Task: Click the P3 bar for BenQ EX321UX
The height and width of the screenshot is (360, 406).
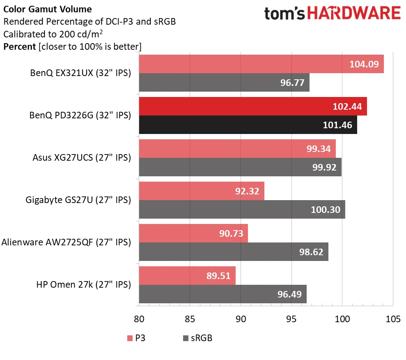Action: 261,64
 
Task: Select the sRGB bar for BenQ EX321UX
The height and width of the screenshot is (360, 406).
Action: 224,83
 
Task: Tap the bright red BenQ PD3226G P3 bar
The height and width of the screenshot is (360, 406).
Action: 252,106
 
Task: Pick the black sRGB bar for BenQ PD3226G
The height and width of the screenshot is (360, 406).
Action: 248,125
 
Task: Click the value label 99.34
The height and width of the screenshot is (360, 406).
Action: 318,149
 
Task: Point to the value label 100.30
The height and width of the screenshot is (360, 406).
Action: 326,210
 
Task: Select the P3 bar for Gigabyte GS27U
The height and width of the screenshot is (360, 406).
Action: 201,191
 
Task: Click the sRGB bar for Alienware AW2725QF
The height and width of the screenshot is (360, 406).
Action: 233,252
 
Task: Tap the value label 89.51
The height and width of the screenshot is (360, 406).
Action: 218,275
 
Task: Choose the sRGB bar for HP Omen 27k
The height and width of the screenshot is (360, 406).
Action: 222,294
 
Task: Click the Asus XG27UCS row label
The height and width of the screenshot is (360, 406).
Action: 82,158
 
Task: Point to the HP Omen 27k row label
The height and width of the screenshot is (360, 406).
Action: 83,284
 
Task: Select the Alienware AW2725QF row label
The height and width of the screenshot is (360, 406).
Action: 66,242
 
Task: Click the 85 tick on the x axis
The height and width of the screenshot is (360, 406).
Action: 190,319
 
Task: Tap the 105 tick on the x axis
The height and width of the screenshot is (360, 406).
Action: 393,319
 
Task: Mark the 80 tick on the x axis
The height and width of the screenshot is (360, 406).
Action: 139,319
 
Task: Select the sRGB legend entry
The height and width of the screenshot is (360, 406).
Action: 197,339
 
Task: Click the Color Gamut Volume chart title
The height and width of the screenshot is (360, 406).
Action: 48,9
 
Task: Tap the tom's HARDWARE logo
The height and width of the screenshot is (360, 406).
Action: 332,14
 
